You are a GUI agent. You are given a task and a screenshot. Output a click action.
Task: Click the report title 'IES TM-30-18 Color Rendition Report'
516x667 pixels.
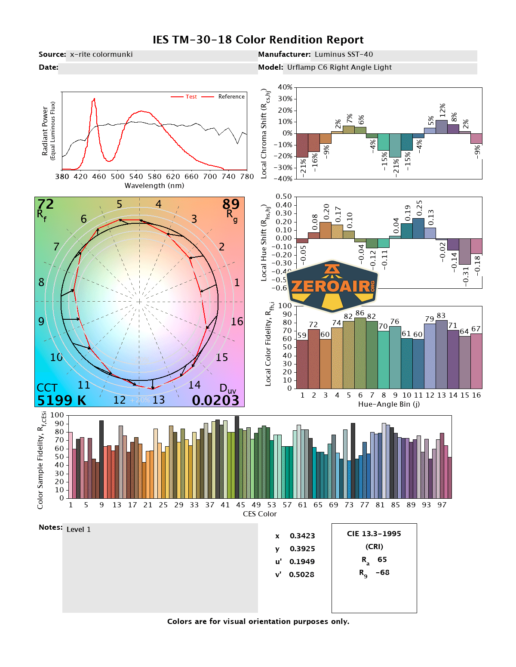[x=258, y=40]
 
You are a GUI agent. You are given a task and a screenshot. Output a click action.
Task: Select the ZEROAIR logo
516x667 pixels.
[x=332, y=286]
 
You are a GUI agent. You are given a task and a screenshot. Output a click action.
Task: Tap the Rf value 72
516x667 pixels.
[x=46, y=204]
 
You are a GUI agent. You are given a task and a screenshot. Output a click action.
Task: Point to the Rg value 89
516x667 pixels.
[x=231, y=204]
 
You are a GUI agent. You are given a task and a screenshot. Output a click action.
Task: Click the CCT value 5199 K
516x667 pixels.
[x=61, y=401]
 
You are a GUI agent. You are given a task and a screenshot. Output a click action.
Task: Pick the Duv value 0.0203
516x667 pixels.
[x=215, y=401]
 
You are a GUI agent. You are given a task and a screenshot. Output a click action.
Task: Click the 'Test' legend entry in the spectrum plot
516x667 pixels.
[x=191, y=97]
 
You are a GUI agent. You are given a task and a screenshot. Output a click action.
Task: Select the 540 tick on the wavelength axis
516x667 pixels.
[x=136, y=176]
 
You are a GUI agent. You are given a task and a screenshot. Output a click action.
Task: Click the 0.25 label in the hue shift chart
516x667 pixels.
[x=419, y=208]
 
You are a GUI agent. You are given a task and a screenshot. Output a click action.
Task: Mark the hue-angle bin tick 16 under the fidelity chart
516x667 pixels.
[x=476, y=395]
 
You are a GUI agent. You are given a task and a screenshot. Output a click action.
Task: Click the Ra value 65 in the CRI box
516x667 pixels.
[x=382, y=559]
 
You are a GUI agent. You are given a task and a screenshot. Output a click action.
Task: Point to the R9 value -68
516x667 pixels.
[x=382, y=572]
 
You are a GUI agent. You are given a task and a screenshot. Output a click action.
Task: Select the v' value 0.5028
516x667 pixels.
[x=301, y=574]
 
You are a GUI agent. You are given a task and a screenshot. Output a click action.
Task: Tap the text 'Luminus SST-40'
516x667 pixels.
[x=344, y=55]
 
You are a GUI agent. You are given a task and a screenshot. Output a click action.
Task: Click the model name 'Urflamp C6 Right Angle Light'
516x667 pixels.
[x=339, y=68]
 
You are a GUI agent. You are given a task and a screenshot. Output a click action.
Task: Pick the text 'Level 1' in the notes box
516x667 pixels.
[x=79, y=530]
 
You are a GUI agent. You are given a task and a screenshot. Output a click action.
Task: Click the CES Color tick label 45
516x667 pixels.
[x=240, y=505]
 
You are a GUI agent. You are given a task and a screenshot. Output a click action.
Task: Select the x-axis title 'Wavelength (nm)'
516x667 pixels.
[x=154, y=186]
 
